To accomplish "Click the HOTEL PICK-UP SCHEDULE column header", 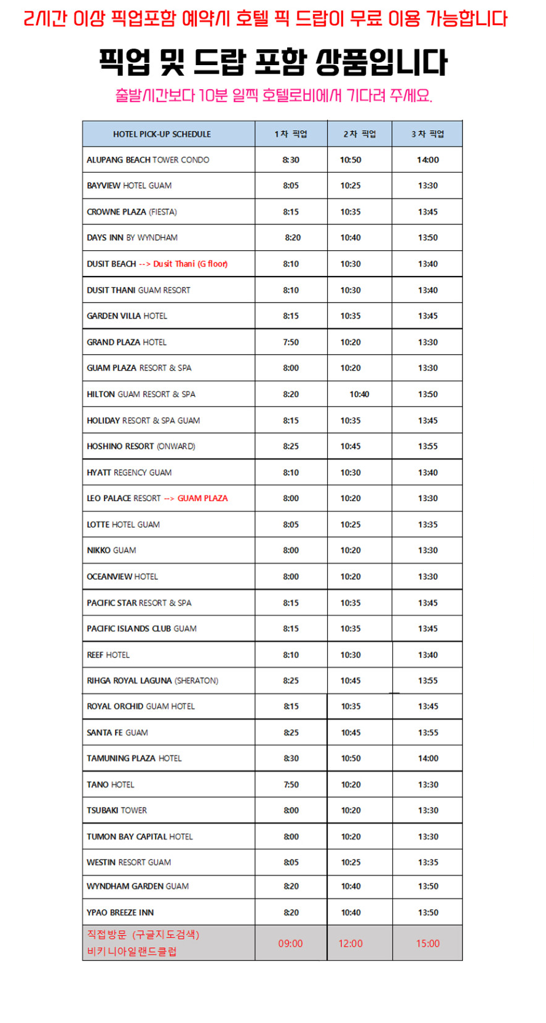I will [162, 134].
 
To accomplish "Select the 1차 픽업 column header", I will [291, 134].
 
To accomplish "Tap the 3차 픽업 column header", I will [427, 134].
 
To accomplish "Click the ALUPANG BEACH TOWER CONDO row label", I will [148, 160].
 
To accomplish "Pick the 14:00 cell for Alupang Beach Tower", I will [427, 160].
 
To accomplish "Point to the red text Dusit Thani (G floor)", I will [190, 264].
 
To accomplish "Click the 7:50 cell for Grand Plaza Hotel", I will [291, 342].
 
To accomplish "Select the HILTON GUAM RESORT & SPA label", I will [141, 394].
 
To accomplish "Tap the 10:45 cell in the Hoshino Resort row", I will [350, 446].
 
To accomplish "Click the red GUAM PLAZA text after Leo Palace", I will [202, 498].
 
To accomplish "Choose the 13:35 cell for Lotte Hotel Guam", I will [427, 524].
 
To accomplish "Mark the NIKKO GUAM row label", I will [111, 550].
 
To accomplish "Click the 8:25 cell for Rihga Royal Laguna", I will [291, 681].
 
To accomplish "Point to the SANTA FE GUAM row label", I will [117, 732].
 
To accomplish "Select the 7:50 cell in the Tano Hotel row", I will [291, 784].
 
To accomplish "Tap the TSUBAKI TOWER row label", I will [117, 810].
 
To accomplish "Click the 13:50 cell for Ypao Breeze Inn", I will [428, 912].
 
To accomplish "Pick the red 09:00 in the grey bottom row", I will [290, 943].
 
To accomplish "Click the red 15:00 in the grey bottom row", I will [427, 943].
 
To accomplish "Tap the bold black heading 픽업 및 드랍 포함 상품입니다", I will [274, 62].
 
